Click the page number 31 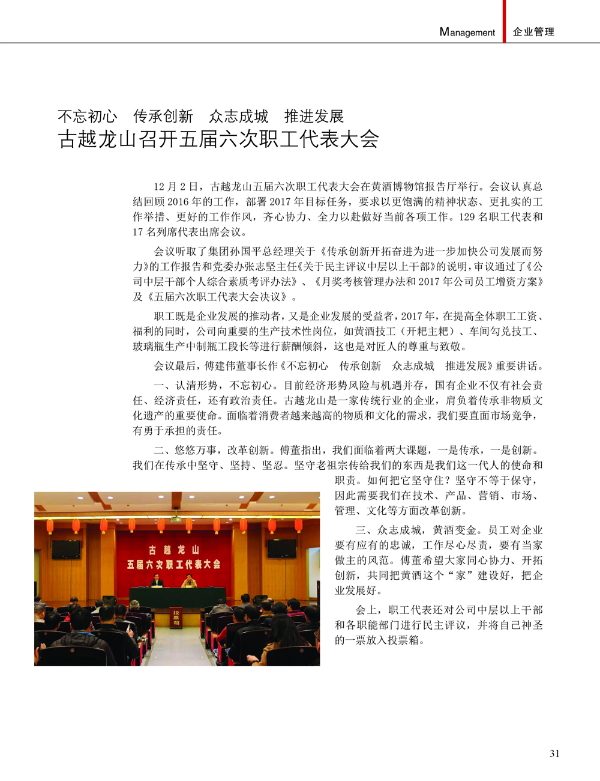(x=554, y=753)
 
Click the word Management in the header (x=467, y=32)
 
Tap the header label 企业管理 (x=533, y=32)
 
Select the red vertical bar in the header (x=504, y=21)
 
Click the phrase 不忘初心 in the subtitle (x=88, y=116)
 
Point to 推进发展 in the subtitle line (x=314, y=116)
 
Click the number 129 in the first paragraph (x=467, y=217)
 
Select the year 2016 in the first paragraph (x=178, y=202)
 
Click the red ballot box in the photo (x=176, y=616)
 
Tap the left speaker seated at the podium (x=157, y=581)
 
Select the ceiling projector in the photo (x=175, y=518)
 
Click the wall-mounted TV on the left (x=66, y=549)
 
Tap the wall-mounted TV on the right (x=282, y=549)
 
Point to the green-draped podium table (x=174, y=598)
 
